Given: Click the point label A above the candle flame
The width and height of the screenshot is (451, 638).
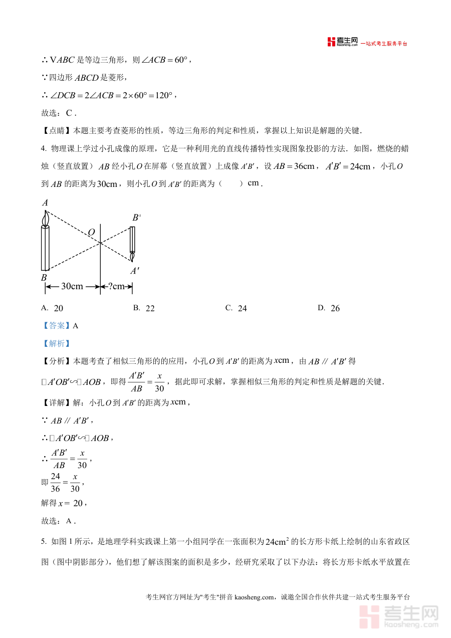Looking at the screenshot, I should (x=45, y=203).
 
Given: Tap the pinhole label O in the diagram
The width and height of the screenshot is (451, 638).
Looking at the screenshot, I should (x=91, y=232).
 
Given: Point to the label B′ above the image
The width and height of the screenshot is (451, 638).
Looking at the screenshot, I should (x=136, y=218).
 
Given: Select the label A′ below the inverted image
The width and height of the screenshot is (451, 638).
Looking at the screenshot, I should (x=135, y=271).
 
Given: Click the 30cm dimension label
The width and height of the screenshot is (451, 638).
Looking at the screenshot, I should (x=72, y=286).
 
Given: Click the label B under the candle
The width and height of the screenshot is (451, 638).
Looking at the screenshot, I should (x=44, y=278).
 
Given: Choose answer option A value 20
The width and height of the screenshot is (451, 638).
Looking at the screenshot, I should (x=58, y=309).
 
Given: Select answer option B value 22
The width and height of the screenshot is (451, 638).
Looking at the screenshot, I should (x=150, y=309).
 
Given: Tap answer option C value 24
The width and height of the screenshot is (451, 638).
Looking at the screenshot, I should (x=242, y=309).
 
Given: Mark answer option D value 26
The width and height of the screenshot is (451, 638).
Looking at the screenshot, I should (x=335, y=309).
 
